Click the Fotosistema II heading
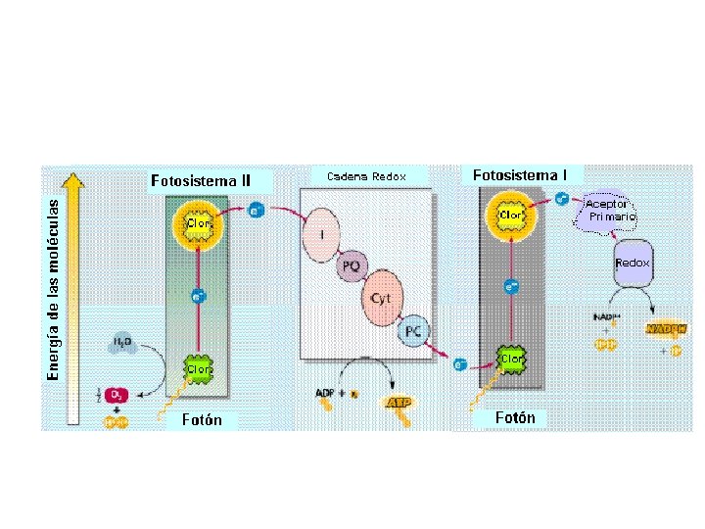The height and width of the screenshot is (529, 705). pyautogui.click(x=200, y=180)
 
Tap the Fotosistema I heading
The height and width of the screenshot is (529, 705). pyautogui.click(x=519, y=175)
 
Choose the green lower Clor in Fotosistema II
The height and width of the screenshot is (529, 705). pyautogui.click(x=199, y=369)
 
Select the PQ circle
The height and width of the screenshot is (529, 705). pyautogui.click(x=351, y=265)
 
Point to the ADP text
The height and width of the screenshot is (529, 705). pyautogui.click(x=325, y=393)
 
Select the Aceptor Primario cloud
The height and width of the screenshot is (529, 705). pyautogui.click(x=611, y=210)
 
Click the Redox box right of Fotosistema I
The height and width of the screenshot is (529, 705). pyautogui.click(x=632, y=264)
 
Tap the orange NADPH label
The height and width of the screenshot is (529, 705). pyautogui.click(x=662, y=329)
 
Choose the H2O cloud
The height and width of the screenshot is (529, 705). pyautogui.click(x=122, y=343)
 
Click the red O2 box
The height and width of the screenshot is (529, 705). pyautogui.click(x=116, y=394)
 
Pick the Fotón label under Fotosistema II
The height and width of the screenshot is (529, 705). pyautogui.click(x=202, y=420)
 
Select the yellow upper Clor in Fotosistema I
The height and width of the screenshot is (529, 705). pyautogui.click(x=510, y=214)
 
